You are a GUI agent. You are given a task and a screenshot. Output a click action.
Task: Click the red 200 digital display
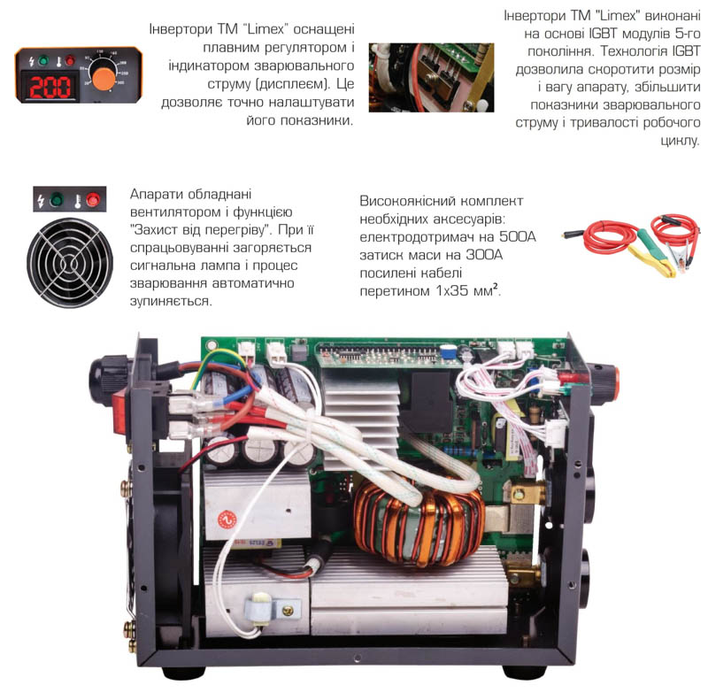point(50,87)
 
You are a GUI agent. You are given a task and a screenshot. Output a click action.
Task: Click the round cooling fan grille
point(70,262)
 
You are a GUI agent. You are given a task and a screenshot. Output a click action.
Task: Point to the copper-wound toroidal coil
point(419,520)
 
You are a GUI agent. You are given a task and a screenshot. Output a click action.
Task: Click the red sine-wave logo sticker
point(227,520)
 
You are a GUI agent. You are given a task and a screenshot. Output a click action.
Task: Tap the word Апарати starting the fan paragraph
point(157,194)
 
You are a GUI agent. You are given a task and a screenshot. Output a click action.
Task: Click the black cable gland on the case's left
point(104,373)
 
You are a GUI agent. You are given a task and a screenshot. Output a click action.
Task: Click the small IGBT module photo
point(431,77)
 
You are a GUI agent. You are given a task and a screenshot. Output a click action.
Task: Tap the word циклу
point(680,141)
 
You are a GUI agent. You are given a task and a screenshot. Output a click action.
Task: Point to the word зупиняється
point(171,301)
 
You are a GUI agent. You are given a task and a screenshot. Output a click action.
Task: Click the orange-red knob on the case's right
point(604,384)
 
